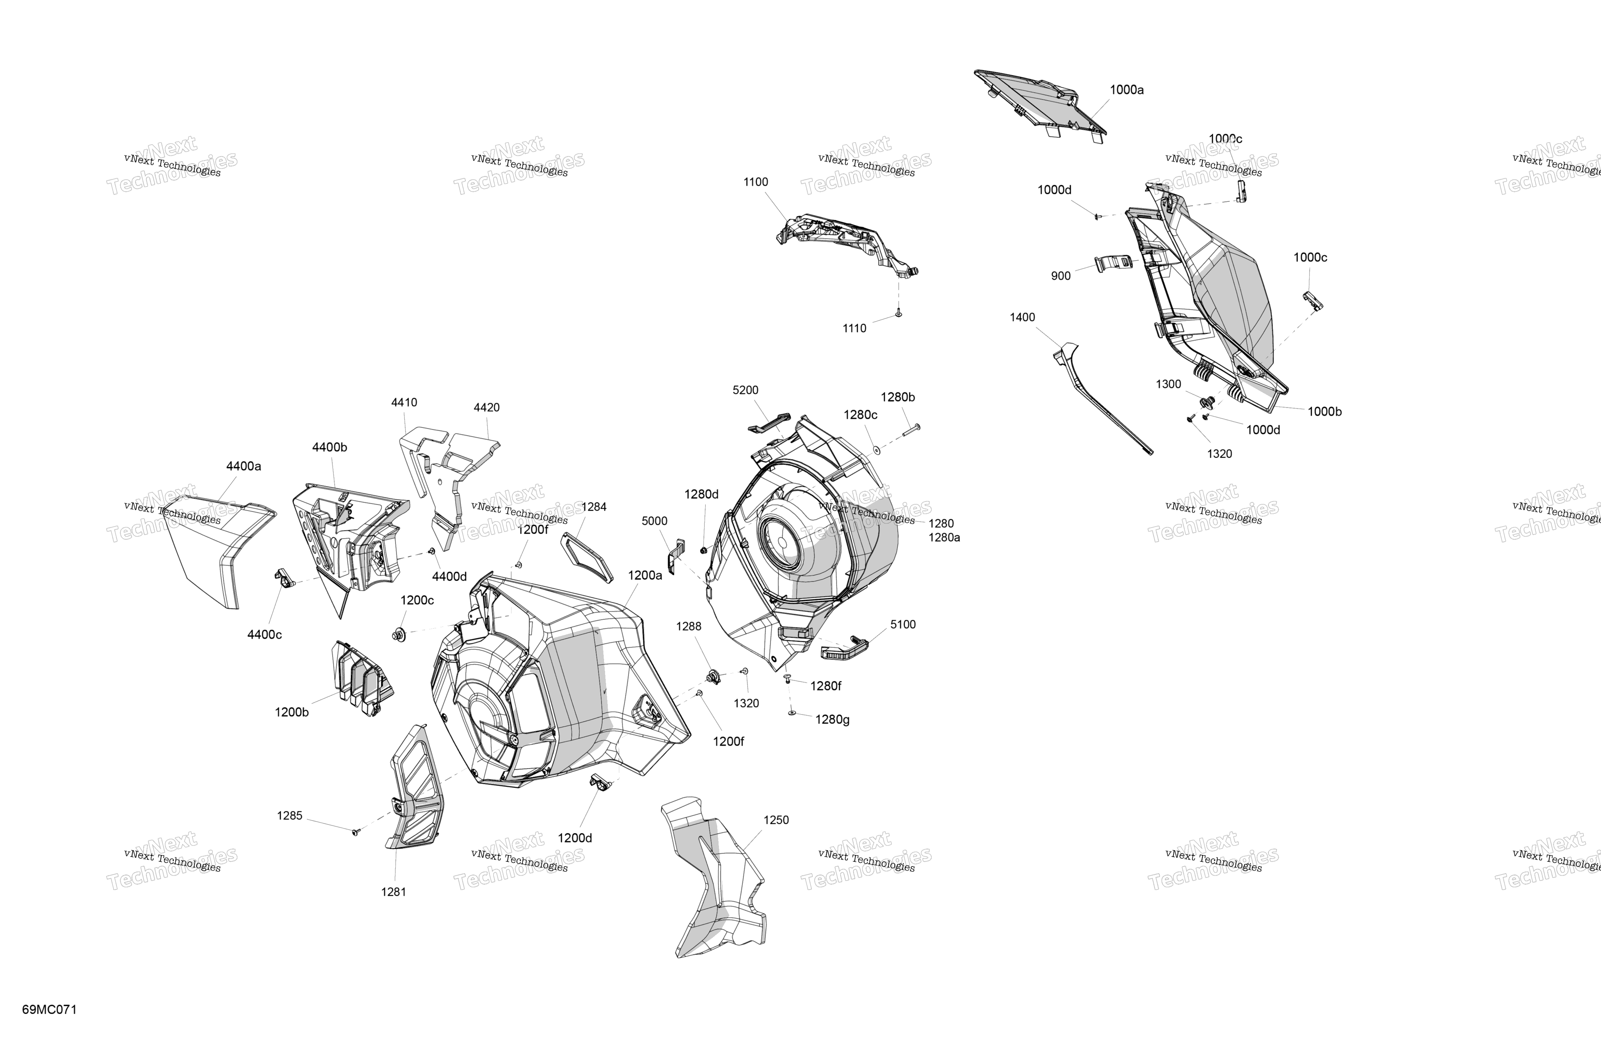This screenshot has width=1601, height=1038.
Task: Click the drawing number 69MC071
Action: tap(49, 1010)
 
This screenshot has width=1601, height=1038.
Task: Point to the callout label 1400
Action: tap(1023, 318)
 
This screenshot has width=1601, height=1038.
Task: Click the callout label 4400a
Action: tap(244, 466)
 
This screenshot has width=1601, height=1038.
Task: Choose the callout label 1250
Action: tap(776, 820)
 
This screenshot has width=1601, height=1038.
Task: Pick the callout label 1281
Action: tap(394, 892)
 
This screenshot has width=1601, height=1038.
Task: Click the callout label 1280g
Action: tap(832, 720)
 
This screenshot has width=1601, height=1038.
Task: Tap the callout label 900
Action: tap(1061, 276)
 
